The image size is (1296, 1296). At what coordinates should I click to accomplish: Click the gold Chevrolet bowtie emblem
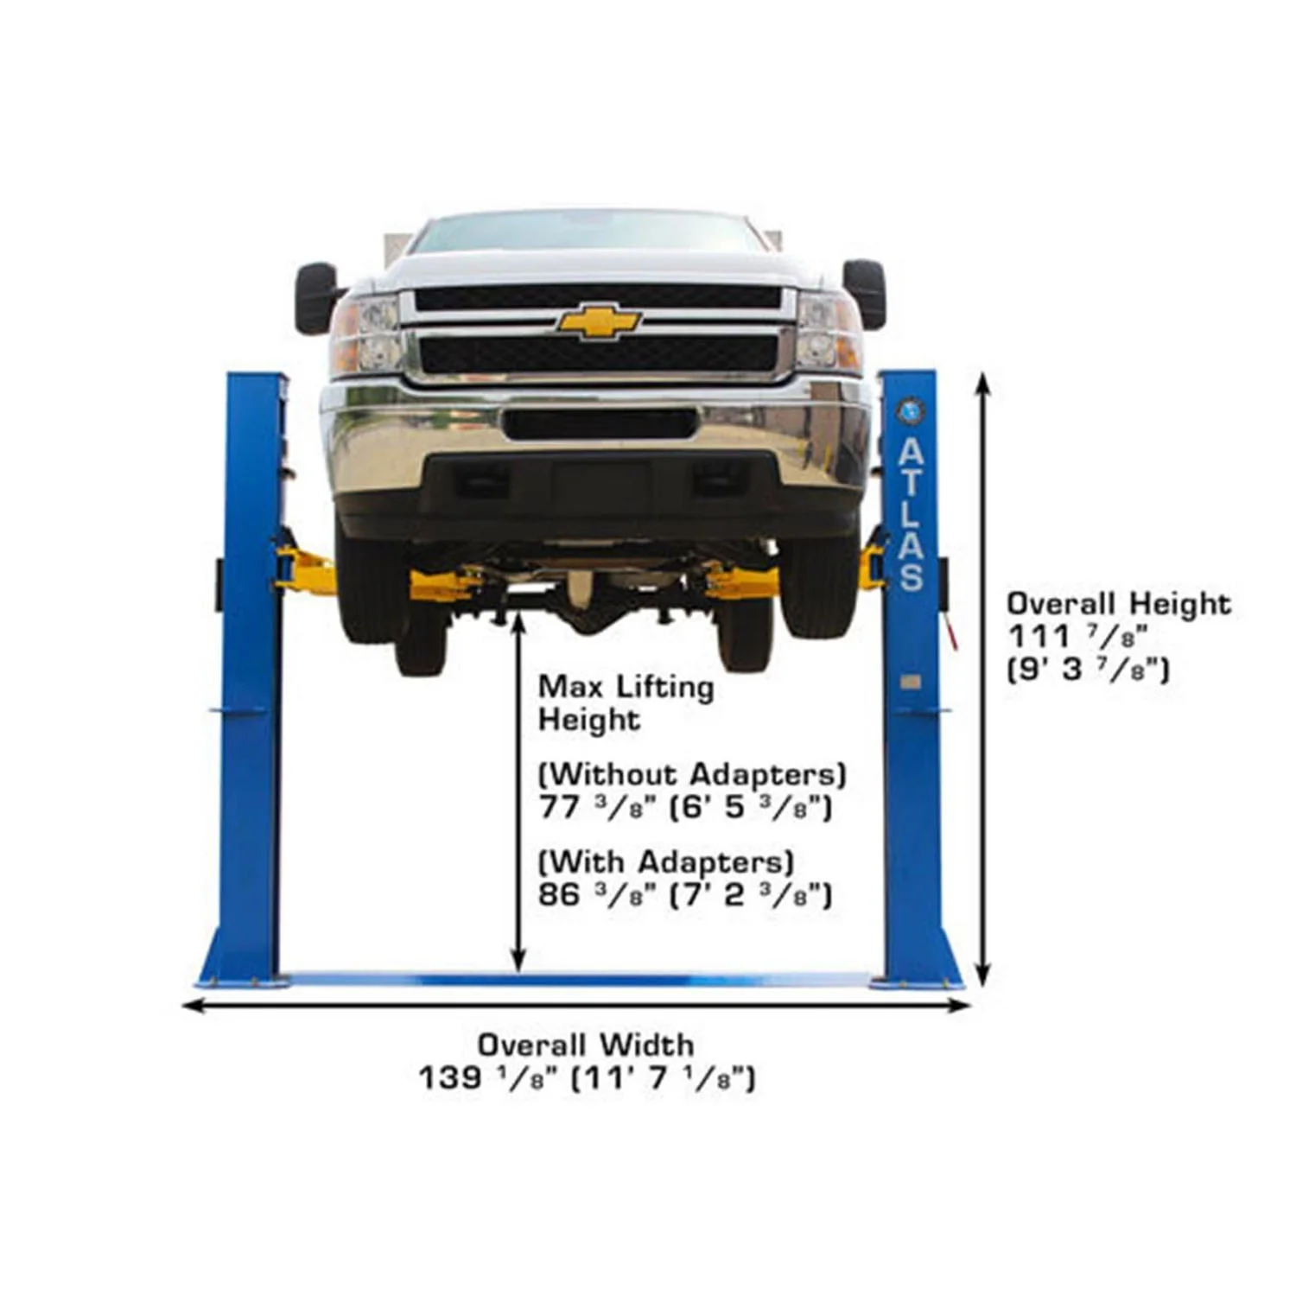(598, 321)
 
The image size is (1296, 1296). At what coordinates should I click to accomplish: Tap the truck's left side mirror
(315, 297)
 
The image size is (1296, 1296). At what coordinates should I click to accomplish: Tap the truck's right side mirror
(865, 293)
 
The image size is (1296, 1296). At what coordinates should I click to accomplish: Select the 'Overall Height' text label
(1118, 602)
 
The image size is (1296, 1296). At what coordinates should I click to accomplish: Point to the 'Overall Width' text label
(585, 1045)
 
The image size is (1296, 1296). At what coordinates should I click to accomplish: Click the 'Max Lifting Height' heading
(626, 703)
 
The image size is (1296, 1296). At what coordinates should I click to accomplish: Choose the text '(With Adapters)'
(665, 861)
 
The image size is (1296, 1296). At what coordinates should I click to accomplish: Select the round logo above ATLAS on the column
(911, 410)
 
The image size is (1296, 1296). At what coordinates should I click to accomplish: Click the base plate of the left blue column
(243, 982)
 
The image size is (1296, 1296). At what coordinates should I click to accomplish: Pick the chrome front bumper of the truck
(596, 441)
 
